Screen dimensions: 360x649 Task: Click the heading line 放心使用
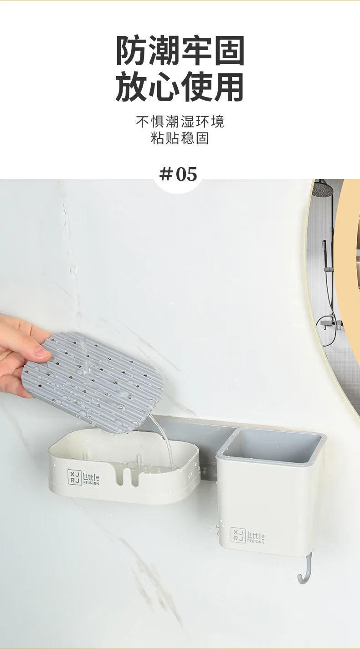180,87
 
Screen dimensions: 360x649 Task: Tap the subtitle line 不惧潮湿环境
180,122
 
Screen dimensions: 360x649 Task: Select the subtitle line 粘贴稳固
180,138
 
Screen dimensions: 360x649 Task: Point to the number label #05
178,174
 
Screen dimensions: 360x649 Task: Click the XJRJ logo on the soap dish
74,477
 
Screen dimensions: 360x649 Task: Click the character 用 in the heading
229,87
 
